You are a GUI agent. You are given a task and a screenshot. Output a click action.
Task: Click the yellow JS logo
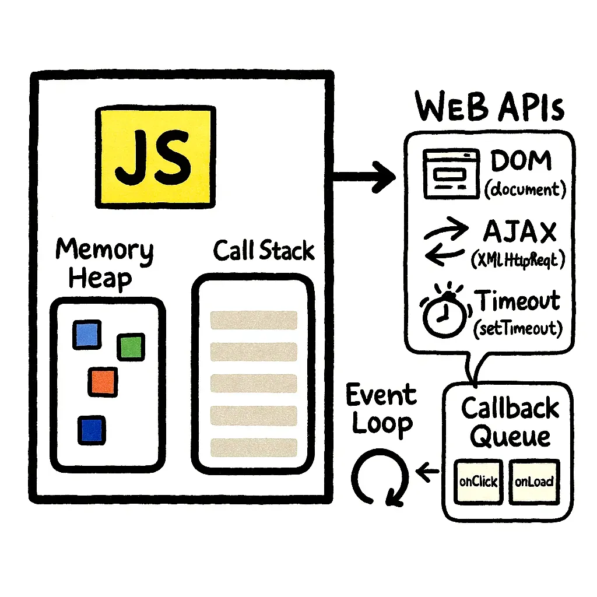154,156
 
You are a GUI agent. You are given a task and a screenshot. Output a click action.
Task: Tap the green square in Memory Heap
131,346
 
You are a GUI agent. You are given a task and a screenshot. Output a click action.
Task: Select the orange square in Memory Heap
103,381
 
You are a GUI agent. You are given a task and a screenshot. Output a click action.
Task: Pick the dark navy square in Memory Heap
91,429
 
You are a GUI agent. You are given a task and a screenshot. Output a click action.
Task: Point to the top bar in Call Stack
254,320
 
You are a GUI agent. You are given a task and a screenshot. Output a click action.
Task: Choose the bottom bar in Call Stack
254,447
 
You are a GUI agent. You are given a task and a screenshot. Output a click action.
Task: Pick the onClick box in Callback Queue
478,482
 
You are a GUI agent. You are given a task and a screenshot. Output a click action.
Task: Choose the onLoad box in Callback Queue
534,482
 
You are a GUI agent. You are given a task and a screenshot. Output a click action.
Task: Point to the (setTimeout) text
518,328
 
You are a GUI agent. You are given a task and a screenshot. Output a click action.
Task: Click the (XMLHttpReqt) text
518,260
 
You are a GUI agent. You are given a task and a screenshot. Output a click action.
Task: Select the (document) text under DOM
525,190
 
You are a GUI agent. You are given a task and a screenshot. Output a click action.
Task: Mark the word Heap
100,278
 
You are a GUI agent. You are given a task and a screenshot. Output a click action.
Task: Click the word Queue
510,436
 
